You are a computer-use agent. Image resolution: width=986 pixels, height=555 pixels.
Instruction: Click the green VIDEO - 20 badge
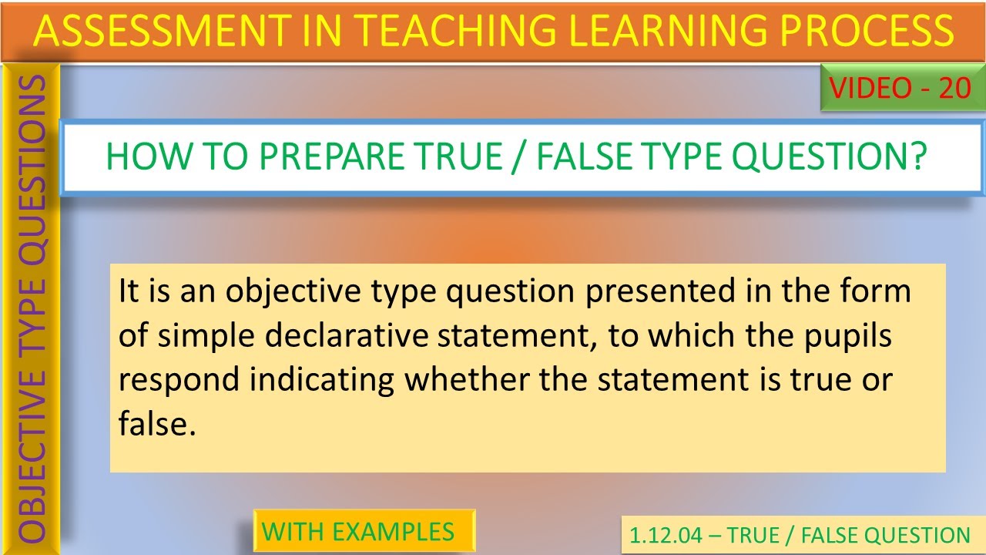pyautogui.click(x=900, y=89)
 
